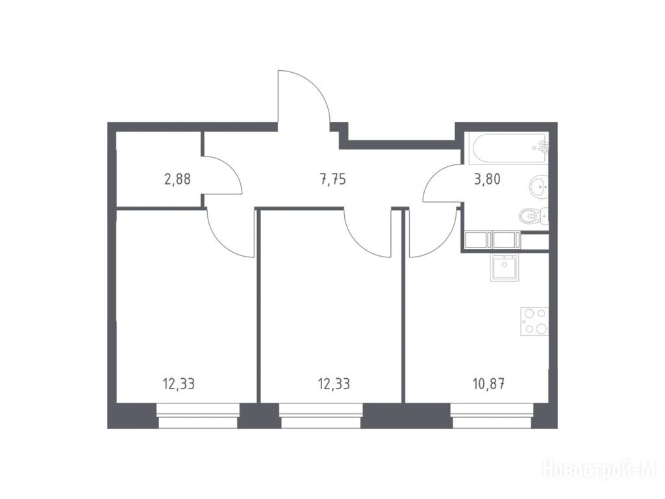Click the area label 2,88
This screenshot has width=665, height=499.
point(177,179)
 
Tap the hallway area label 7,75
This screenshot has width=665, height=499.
point(332,179)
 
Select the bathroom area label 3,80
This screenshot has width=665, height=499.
point(487,179)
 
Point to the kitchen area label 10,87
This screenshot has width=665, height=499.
point(488,384)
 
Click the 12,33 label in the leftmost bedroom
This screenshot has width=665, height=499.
point(179,384)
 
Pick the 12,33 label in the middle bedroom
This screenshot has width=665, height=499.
point(334,384)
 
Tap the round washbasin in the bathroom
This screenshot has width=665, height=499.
point(538,185)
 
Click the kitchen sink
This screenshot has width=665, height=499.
point(504,267)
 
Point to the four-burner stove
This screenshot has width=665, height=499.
point(534,321)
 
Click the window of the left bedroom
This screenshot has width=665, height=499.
point(198,416)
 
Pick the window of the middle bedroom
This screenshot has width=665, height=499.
point(321,416)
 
